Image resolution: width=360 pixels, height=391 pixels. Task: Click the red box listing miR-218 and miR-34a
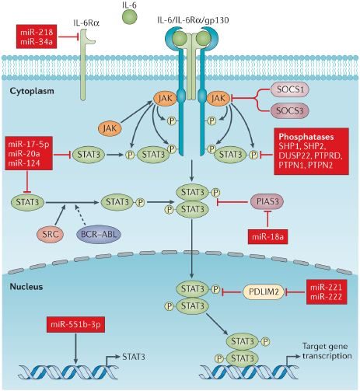(37, 36)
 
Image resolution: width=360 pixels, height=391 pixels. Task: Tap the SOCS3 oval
(290, 110)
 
